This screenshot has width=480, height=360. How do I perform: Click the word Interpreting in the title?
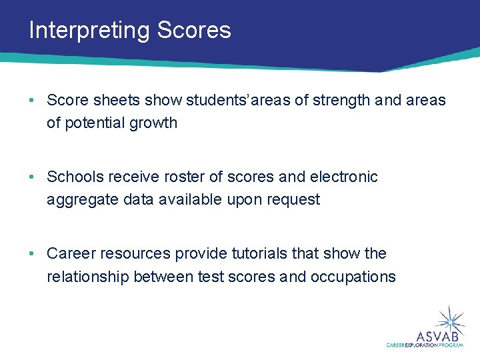[89, 31]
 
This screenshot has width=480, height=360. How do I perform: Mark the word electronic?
[343, 177]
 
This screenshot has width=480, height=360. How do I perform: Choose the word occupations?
[353, 277]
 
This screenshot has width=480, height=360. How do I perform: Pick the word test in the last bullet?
[210, 277]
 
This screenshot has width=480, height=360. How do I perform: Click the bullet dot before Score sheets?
[32, 101]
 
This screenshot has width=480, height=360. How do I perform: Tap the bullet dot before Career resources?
[32, 254]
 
